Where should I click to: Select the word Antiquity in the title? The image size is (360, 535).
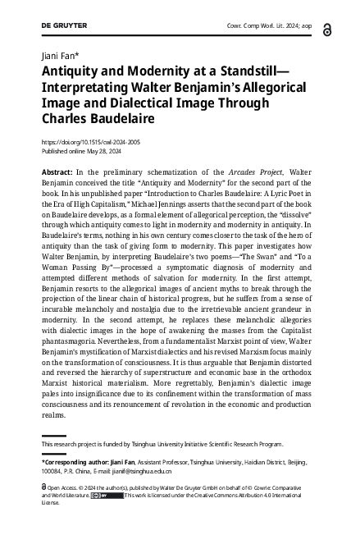[x=71, y=72]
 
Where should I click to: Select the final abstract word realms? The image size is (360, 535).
[x=53, y=418]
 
